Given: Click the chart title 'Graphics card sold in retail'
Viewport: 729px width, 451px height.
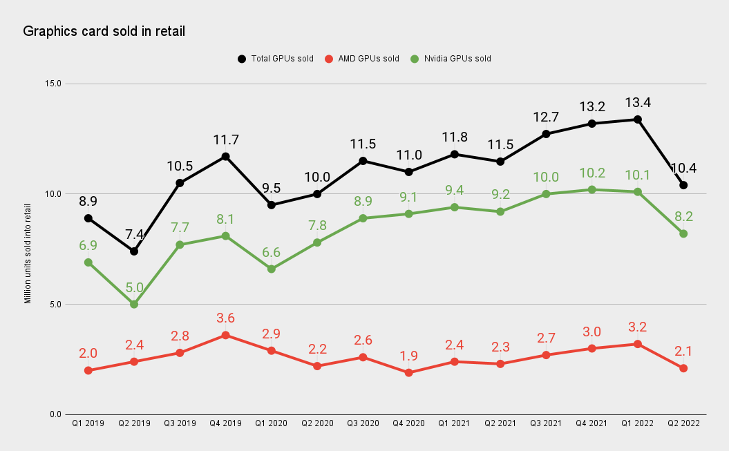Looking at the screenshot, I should click(104, 31).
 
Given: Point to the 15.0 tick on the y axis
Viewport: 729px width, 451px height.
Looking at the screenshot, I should click(53, 84).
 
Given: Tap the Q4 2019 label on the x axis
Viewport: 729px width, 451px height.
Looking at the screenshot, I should click(225, 423).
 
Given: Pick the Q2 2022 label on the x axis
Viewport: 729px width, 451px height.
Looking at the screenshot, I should click(683, 423).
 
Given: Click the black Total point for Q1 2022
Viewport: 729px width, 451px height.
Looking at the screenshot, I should click(638, 119).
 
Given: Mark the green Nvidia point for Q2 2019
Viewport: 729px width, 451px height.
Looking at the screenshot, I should click(134, 305).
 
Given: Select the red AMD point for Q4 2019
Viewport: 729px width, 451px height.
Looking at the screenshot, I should click(225, 335).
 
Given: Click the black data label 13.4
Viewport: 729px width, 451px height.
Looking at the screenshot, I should click(638, 103).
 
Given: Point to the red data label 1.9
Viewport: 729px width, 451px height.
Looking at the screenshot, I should click(408, 356).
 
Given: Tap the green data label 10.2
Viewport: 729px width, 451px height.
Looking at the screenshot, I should click(591, 173).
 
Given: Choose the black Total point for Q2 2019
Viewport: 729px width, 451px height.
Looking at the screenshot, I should click(134, 251).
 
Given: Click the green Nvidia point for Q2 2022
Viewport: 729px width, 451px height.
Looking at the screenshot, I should click(683, 233).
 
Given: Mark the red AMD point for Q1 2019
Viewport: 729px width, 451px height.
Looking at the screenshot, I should click(88, 370).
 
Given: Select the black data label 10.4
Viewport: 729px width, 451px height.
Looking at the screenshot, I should click(683, 168).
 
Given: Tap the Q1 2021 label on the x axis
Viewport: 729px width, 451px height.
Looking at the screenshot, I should click(454, 423).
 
